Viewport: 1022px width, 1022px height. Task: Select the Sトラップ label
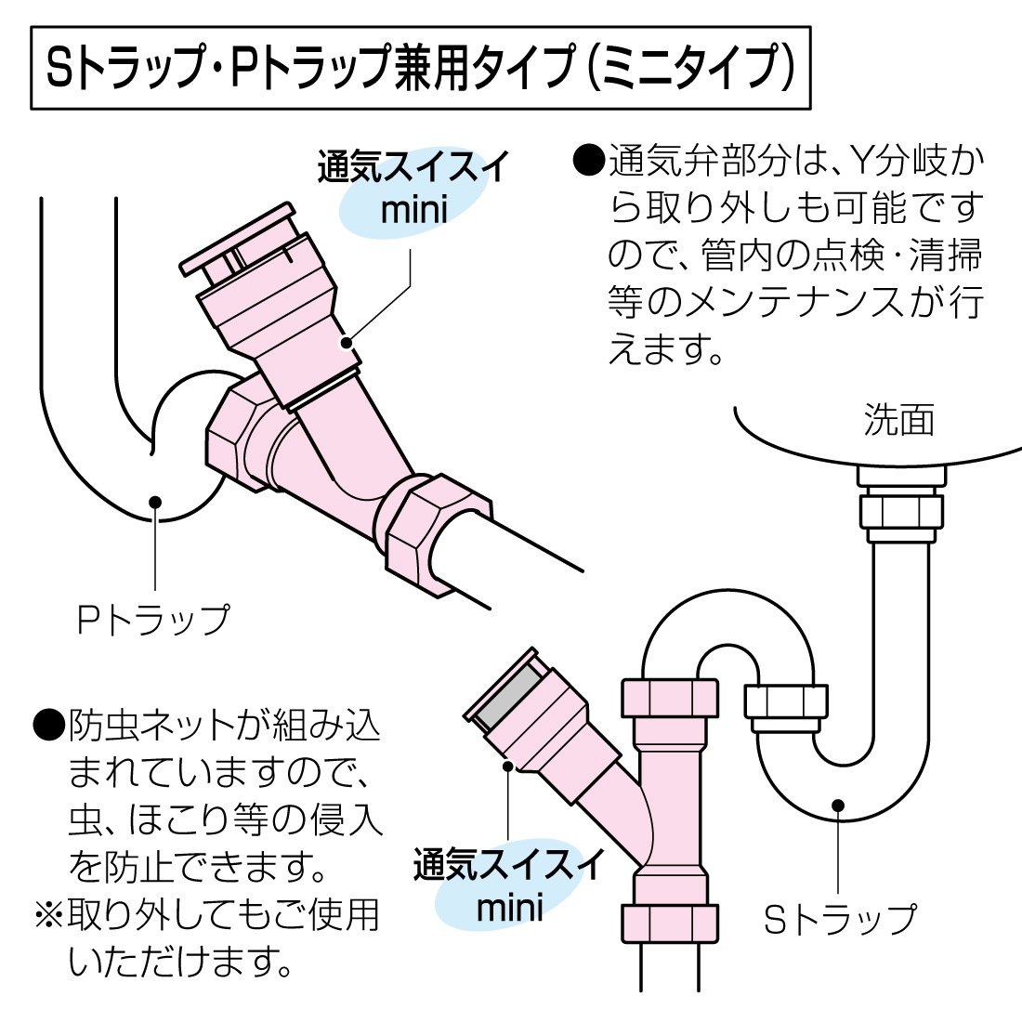point(840,919)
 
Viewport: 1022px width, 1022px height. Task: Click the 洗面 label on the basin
point(898,419)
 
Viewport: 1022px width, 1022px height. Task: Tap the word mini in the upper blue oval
point(414,210)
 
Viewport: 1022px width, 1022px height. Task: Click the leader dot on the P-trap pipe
point(155,502)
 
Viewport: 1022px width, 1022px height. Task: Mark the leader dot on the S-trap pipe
point(839,806)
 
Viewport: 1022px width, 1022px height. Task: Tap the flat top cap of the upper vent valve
point(236,240)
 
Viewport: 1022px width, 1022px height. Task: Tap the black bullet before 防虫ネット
point(48,725)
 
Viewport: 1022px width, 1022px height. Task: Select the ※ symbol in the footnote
point(49,914)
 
